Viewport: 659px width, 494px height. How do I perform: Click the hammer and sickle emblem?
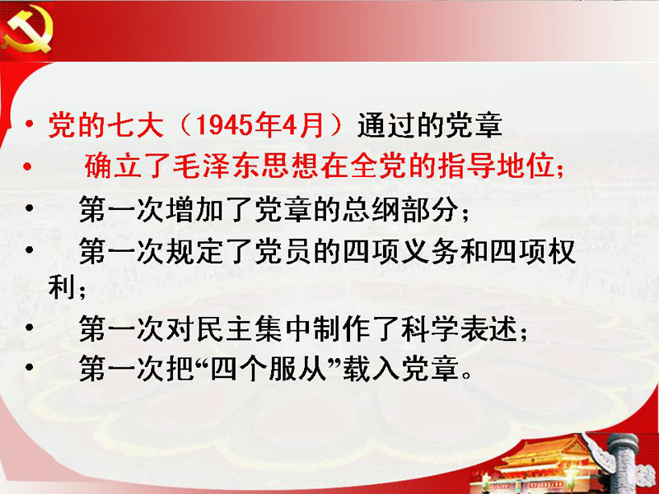pyautogui.click(x=27, y=29)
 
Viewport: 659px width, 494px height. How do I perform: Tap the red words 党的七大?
pyautogui.click(x=106, y=125)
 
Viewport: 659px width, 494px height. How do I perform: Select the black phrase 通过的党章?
pyautogui.click(x=430, y=125)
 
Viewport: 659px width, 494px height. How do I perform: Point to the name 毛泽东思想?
pyautogui.click(x=246, y=166)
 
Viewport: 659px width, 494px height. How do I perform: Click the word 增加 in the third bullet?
pyautogui.click(x=194, y=209)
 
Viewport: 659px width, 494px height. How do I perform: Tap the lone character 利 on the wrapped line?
pyautogui.click(x=61, y=287)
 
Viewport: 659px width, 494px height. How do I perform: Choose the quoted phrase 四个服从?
pyautogui.click(x=269, y=370)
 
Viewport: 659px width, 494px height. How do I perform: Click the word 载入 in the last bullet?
pyautogui.click(x=372, y=370)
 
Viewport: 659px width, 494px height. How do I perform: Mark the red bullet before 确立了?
pyautogui.click(x=28, y=167)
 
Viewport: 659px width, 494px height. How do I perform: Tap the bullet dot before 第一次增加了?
pyautogui.click(x=29, y=207)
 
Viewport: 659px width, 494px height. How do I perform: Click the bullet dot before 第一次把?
pyautogui.click(x=29, y=367)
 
